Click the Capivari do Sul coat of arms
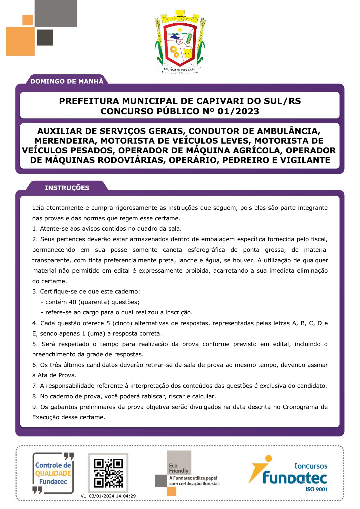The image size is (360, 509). tap(180, 41)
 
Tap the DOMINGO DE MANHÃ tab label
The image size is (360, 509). tap(67, 81)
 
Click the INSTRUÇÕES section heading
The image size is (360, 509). tap(67, 188)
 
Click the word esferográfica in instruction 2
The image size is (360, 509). tap(206, 250)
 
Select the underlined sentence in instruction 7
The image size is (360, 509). tap(183, 386)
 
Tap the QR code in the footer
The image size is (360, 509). tap(108, 473)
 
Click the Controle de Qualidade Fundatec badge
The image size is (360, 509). tap(53, 473)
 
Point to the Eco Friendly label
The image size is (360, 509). tap(178, 468)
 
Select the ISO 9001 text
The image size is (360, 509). tap(316, 489)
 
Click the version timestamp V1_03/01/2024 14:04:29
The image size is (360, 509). tap(108, 496)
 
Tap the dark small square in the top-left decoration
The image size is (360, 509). tap(45, 37)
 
